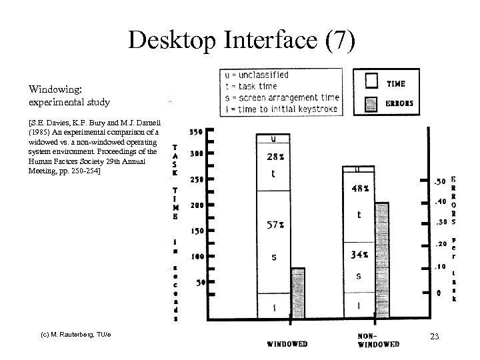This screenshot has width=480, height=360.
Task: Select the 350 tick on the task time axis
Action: (197, 131)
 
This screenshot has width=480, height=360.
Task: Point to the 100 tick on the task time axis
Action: (197, 257)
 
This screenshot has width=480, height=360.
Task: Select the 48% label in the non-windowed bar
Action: (361, 188)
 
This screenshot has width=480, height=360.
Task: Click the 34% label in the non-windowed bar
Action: (361, 254)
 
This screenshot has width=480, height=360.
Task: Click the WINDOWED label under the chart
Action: (287, 344)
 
